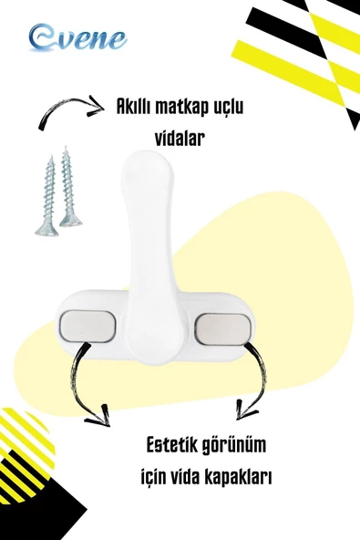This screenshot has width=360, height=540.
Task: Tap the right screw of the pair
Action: coord(68,189)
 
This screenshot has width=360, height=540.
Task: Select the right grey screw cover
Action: coord(222,327)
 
